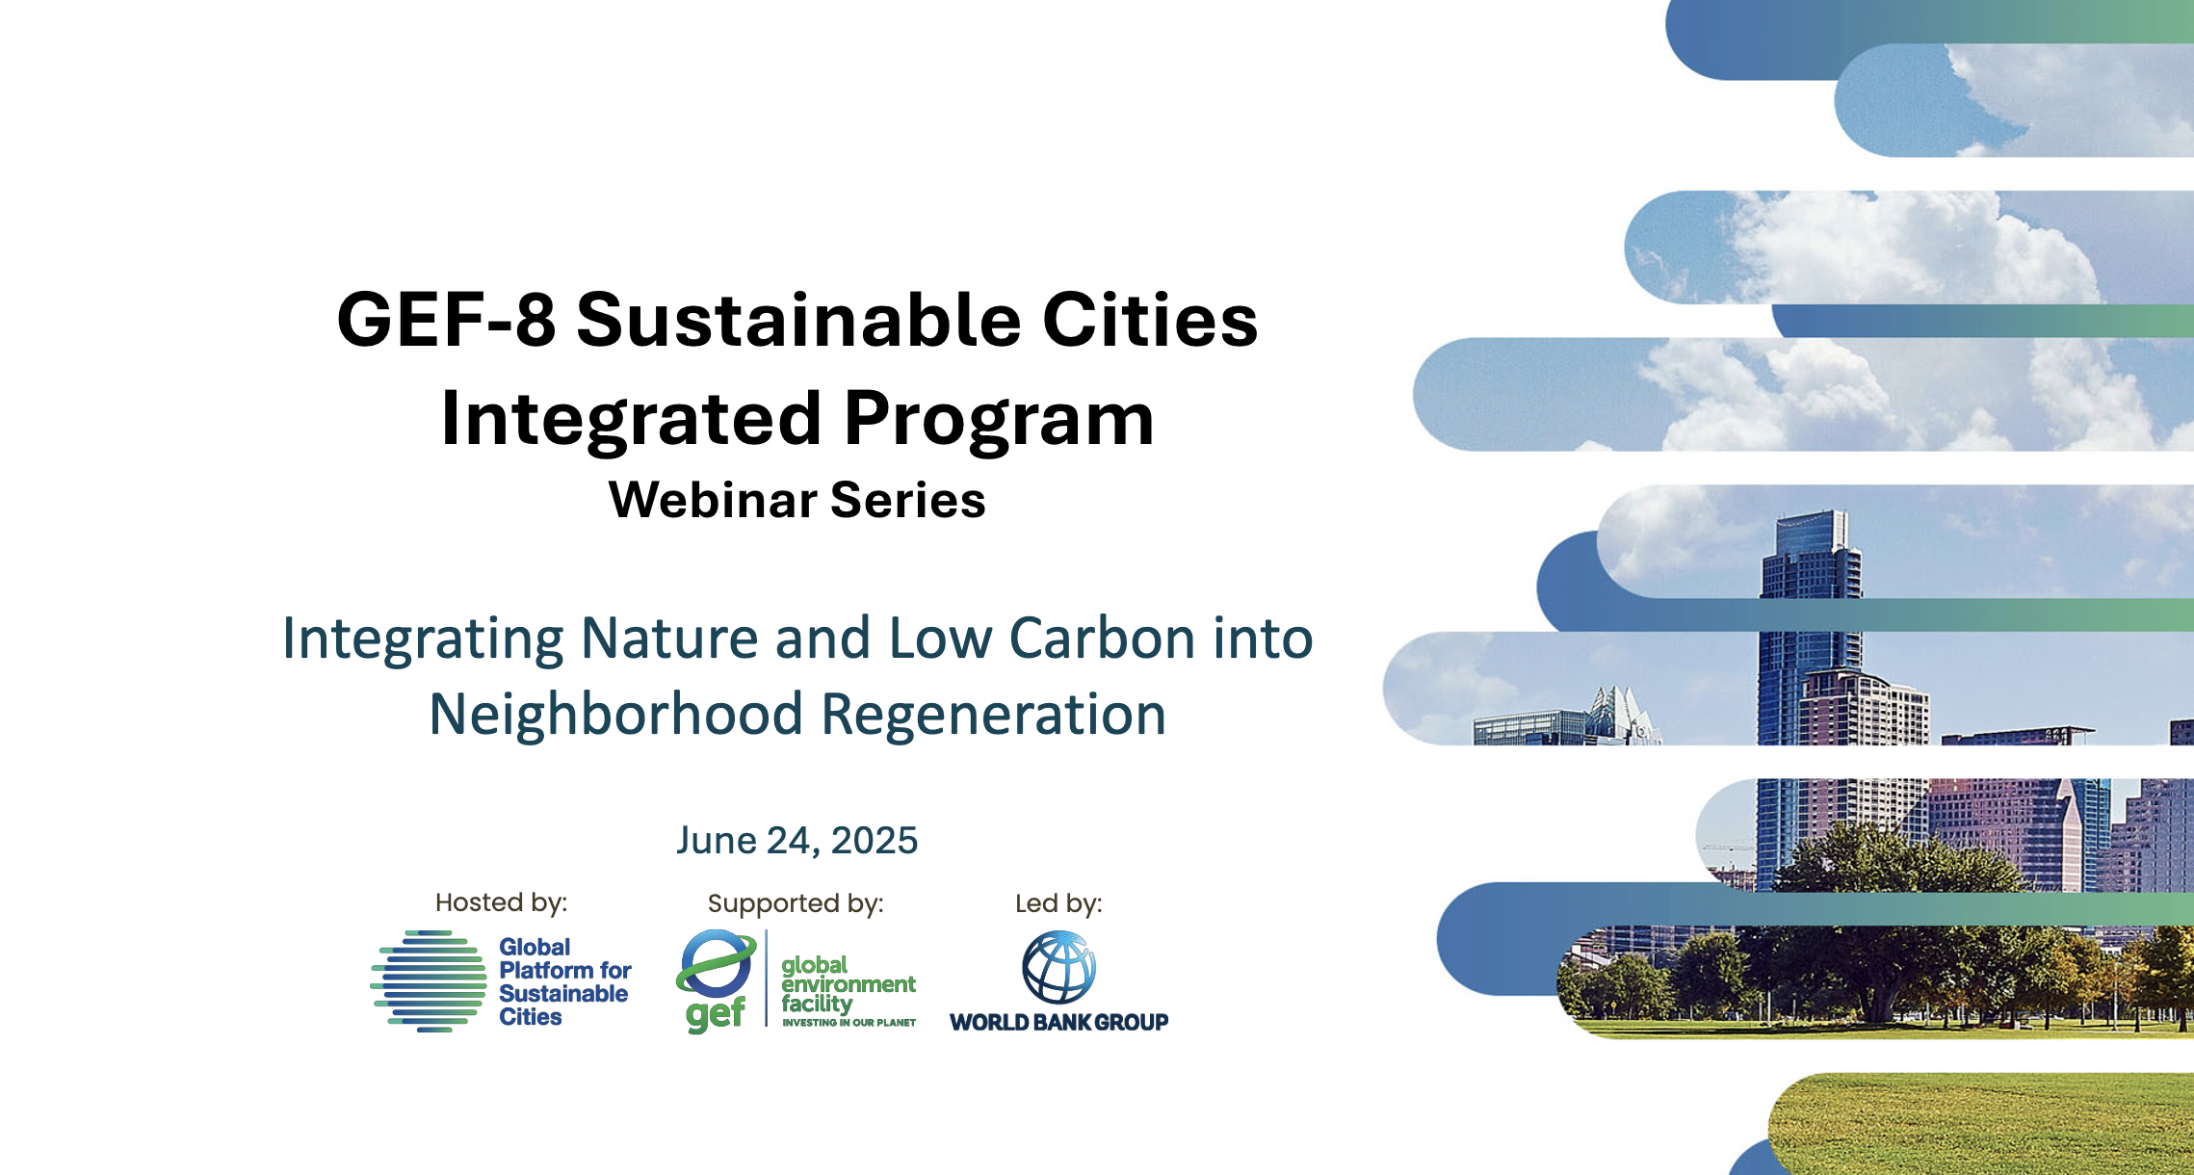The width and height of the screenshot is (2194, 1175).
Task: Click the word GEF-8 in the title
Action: tap(447, 320)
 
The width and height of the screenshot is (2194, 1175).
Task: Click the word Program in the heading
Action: tap(999, 420)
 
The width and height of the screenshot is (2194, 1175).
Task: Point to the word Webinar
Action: tap(713, 500)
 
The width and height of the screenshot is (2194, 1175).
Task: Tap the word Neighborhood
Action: tap(616, 714)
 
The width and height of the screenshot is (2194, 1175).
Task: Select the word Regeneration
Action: tap(993, 714)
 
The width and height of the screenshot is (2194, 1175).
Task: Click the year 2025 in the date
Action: tap(875, 841)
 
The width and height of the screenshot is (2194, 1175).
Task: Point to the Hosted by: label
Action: tap(501, 902)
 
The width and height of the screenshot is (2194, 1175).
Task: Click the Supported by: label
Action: tap(796, 903)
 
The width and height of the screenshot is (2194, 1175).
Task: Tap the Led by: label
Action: tap(1058, 903)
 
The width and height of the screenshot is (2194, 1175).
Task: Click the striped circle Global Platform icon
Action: tap(429, 980)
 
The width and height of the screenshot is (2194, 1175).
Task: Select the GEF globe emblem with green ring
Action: tap(717, 964)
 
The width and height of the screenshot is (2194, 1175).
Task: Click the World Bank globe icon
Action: tap(1058, 968)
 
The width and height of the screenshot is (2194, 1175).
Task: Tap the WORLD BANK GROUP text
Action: tap(1058, 1022)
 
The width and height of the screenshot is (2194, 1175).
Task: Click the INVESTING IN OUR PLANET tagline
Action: tap(849, 1023)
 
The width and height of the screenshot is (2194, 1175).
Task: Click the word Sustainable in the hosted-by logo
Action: tap(563, 994)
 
